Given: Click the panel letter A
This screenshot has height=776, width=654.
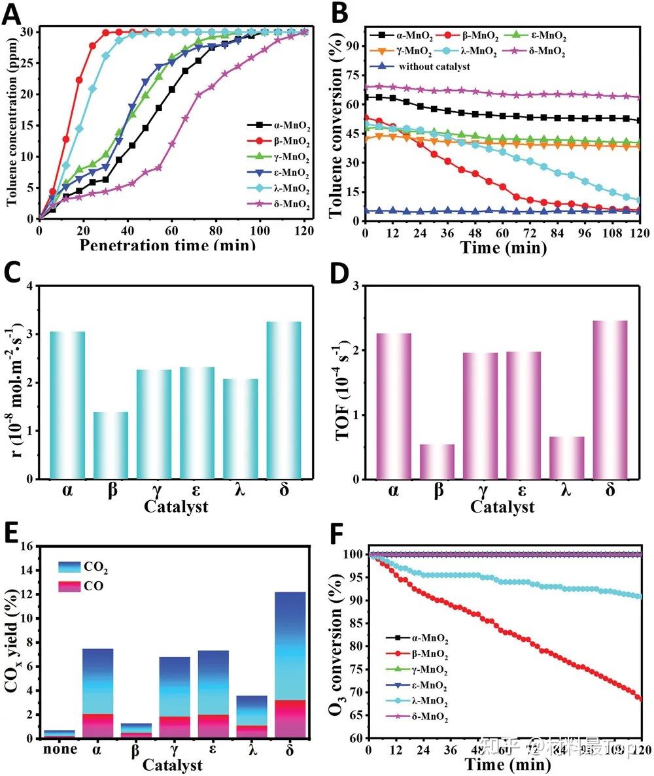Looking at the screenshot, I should click(x=13, y=14).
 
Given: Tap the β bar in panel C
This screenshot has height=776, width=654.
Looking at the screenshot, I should click(x=111, y=445).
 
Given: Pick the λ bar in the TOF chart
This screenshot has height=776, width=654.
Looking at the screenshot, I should click(x=566, y=458).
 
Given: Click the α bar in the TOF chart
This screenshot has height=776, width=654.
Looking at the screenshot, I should click(x=394, y=406).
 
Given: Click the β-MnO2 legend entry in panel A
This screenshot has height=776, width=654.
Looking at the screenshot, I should click(x=278, y=140).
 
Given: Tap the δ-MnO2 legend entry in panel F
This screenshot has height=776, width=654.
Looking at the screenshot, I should click(x=417, y=718).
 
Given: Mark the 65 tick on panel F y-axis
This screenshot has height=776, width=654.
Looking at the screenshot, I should click(x=354, y=716).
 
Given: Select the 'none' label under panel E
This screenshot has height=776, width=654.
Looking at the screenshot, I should click(x=60, y=749).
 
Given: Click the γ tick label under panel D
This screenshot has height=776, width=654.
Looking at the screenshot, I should click(x=480, y=490).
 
